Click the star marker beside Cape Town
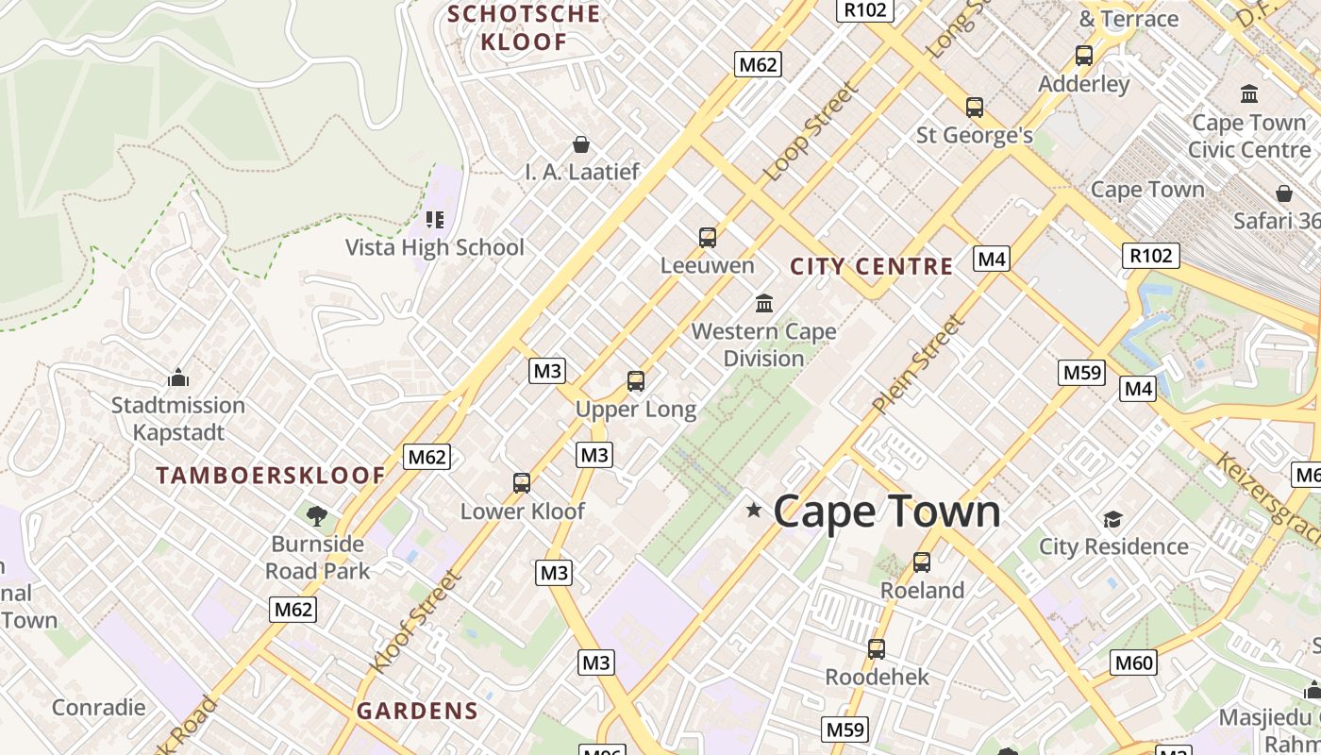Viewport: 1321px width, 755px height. pos(753,511)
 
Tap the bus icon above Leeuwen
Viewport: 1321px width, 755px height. pos(708,238)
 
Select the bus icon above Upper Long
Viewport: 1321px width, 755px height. pos(636,381)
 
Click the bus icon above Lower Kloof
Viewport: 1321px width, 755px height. pos(522,483)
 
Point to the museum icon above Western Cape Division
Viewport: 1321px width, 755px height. pos(764,304)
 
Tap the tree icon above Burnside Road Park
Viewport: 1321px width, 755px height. pos(317,515)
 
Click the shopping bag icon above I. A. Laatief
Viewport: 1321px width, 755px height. pos(581,144)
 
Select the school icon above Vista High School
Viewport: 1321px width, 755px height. pos(434,220)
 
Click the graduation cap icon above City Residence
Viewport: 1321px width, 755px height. pos(1113,519)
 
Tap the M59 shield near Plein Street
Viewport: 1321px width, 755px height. pos(1081,372)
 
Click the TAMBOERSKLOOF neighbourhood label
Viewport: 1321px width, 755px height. pos(272,475)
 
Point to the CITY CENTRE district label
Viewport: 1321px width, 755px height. pos(871,266)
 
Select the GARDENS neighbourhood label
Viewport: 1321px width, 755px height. pos(417,711)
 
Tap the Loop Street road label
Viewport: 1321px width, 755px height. pos(811,132)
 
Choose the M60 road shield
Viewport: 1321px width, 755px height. pos(1133,663)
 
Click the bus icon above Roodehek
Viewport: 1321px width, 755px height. pos(877,649)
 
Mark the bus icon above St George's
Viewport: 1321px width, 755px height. pos(975,108)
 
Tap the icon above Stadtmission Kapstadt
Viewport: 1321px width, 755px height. pos(178,378)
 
